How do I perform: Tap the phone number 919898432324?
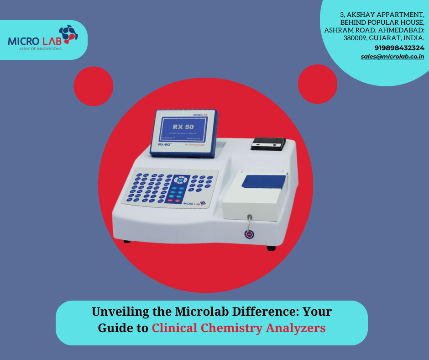pos(399,48)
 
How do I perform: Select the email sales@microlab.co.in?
pos(392,57)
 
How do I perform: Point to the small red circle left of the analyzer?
pos(93,86)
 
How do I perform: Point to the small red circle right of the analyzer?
pos(318,84)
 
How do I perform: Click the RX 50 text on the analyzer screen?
pos(184,126)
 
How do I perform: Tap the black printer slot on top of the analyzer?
pos(268,144)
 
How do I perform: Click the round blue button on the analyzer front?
pos(249,235)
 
